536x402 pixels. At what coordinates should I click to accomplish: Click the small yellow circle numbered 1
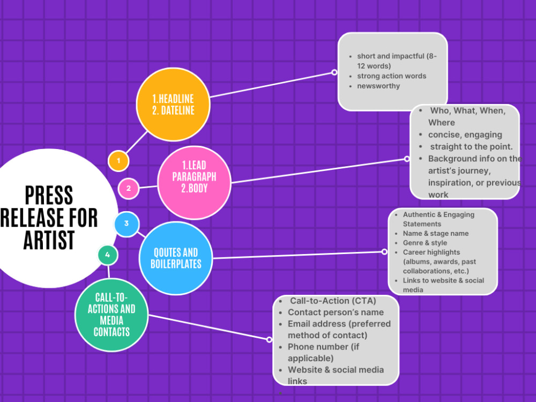point(118,161)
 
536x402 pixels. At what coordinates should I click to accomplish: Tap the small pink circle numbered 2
point(129,188)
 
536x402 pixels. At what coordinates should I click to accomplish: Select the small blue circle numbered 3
point(126,224)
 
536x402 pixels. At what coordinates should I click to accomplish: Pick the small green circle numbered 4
point(108,255)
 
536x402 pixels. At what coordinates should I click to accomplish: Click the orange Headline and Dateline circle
point(173,105)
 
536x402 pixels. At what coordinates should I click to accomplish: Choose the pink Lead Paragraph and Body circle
point(194,183)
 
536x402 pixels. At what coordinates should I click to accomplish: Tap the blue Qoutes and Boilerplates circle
point(176,258)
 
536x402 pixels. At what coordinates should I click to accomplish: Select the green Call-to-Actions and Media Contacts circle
point(111,315)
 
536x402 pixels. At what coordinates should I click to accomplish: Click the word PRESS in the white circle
point(49,196)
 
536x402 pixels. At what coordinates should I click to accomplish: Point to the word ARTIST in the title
point(49,240)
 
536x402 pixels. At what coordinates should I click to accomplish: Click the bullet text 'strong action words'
point(391,76)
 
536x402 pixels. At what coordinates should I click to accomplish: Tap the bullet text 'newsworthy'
point(378,86)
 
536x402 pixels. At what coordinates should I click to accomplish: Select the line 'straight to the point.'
point(471,147)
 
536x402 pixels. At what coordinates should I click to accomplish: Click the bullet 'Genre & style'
point(425,243)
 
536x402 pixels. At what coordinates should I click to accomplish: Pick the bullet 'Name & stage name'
point(435,234)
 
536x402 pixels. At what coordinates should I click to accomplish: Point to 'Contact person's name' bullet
point(336,312)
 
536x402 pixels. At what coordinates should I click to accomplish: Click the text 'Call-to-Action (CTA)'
point(333,301)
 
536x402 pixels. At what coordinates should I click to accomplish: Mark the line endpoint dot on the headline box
point(334,72)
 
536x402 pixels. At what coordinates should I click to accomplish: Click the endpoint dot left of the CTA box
point(270,339)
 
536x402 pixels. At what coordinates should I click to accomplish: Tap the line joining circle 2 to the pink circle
point(148,187)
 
